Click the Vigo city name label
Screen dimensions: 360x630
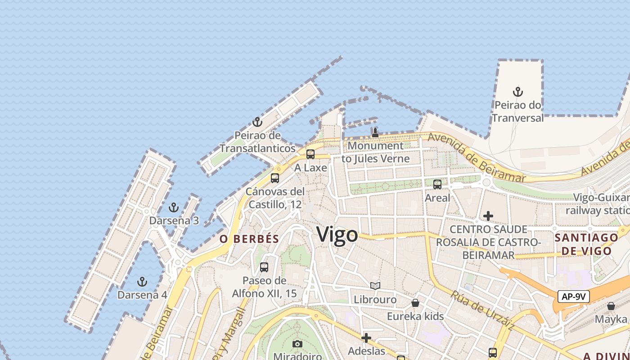tap(337, 234)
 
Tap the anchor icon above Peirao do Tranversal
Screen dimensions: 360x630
tap(518, 92)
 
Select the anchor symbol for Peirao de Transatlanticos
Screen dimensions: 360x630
tap(257, 122)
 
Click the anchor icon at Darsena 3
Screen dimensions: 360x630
tap(174, 207)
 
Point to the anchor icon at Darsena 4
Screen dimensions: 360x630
tap(142, 282)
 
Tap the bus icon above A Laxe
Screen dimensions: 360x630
tap(310, 154)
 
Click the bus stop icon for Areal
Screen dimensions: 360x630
tap(437, 184)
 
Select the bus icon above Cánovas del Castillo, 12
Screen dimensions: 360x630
tap(275, 178)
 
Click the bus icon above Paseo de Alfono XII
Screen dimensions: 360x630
tap(264, 267)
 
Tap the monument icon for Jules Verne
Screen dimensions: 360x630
tap(375, 132)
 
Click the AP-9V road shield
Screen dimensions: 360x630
tap(573, 297)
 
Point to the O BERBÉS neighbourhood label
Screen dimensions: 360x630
tap(249, 239)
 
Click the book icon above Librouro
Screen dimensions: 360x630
tap(375, 286)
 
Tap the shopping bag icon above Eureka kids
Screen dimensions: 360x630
tap(415, 303)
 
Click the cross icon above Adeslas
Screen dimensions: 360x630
tap(366, 337)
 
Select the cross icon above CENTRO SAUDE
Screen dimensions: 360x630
tap(488, 216)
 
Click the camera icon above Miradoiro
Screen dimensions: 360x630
tap(297, 344)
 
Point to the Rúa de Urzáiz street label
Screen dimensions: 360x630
tap(481, 310)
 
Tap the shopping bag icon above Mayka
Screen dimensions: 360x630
tap(611, 306)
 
